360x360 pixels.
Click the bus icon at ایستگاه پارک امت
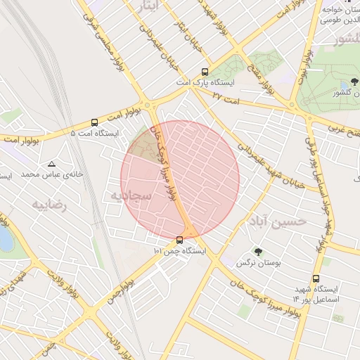(205, 71)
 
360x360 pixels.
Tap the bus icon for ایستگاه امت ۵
(95, 122)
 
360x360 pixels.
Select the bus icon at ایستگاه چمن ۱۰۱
(179, 240)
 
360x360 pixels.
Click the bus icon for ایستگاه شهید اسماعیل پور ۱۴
(315, 278)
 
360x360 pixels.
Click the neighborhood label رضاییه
(49, 204)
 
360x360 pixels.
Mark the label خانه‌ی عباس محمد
(52, 174)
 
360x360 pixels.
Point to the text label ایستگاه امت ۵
(95, 133)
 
